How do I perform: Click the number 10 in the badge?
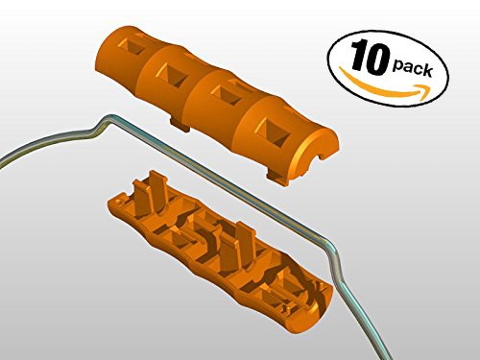click(371, 57)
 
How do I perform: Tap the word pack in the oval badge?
click(413, 68)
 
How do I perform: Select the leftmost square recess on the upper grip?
click(132, 47)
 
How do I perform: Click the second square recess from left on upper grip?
click(172, 74)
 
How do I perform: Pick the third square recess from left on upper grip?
click(225, 95)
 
